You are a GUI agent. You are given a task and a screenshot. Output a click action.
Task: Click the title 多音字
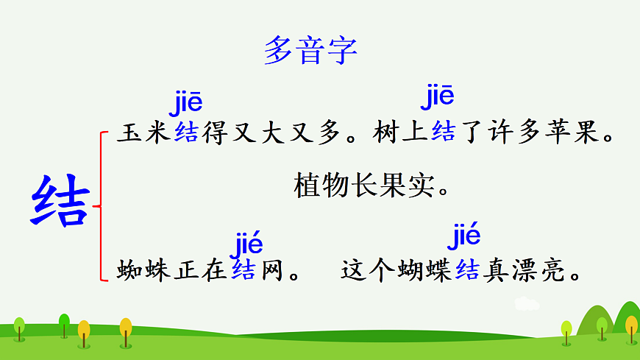pyautogui.click(x=310, y=51)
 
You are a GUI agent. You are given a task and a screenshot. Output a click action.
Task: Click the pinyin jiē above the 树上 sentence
pyautogui.click(x=437, y=96)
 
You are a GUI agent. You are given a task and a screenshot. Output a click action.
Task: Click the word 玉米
pyautogui.click(x=144, y=135)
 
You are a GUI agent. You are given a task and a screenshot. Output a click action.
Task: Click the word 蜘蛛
pyautogui.click(x=144, y=271)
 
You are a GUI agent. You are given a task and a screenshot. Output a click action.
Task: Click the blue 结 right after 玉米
pyautogui.click(x=186, y=135)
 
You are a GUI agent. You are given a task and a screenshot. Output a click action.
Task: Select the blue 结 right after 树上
pyautogui.click(x=444, y=135)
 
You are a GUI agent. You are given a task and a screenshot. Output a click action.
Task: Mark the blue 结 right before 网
pyautogui.click(x=243, y=271)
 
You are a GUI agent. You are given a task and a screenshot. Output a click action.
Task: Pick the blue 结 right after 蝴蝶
pyautogui.click(x=467, y=271)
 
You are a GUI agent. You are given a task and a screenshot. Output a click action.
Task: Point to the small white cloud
pyautogui.click(x=527, y=303)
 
